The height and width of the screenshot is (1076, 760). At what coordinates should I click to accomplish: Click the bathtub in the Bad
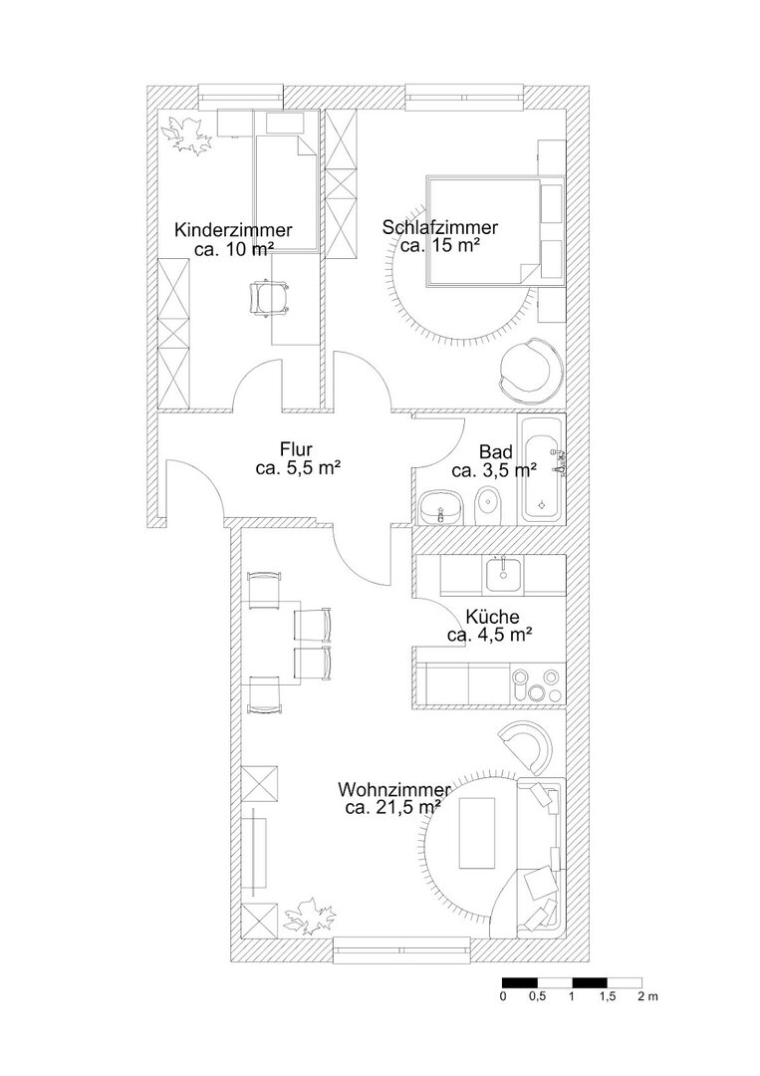pos(543,468)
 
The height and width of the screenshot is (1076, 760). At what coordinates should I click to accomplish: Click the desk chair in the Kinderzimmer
pos(270,296)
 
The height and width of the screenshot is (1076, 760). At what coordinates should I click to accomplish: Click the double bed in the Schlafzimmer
pos(485,231)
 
